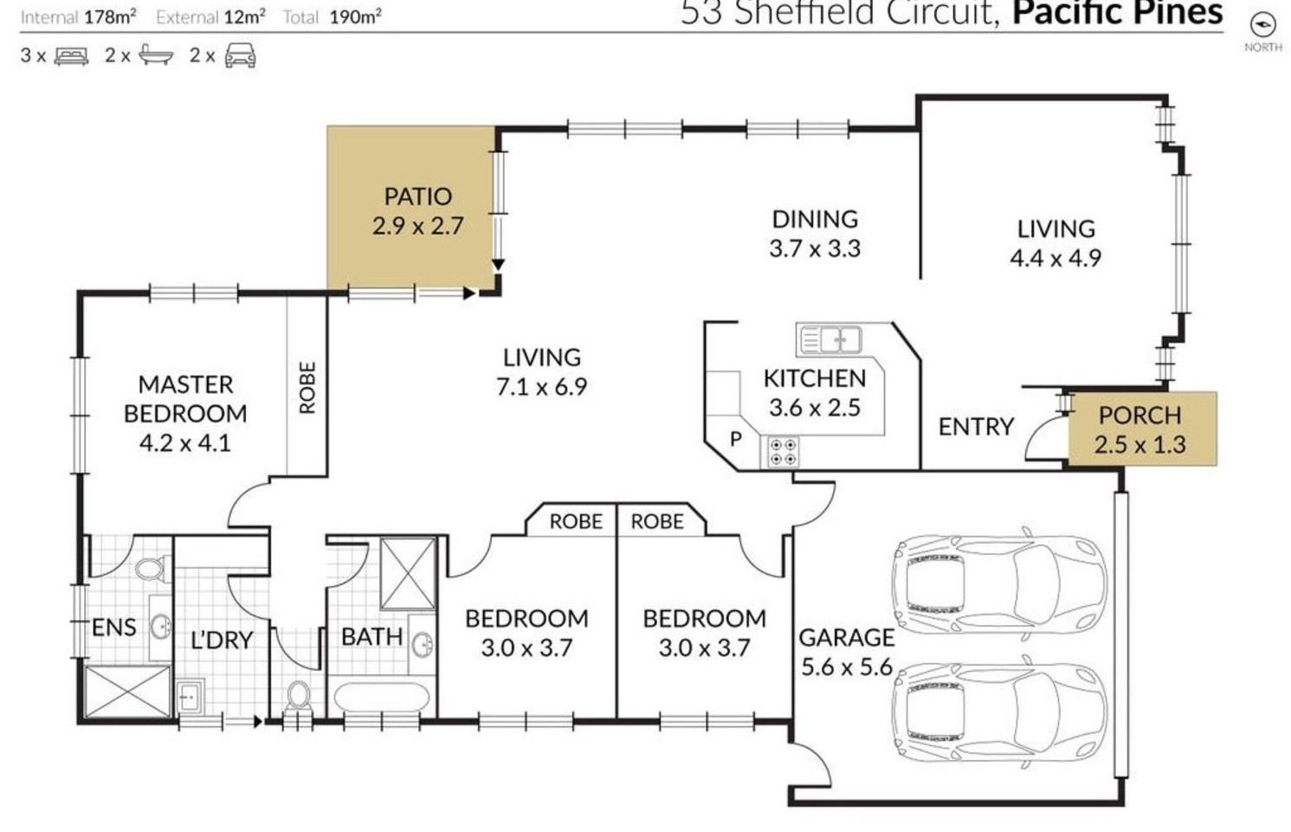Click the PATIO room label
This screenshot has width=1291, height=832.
tap(418, 197)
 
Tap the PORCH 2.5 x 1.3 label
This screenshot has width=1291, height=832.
tap(1140, 429)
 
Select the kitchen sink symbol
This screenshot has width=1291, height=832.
tap(829, 339)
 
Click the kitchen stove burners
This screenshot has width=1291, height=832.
tap(784, 452)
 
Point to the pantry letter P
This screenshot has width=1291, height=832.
tap(735, 439)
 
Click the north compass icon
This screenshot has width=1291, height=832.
tap(1262, 25)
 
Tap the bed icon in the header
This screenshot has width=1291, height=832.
tap(72, 56)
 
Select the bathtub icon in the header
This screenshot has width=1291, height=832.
tap(156, 55)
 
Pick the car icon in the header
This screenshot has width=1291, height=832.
tap(240, 56)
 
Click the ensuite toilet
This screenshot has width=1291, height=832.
tap(152, 569)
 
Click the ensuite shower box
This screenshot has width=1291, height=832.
tap(128, 692)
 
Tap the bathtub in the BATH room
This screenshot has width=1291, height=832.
tap(382, 699)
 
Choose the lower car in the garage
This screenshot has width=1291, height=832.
tap(999, 713)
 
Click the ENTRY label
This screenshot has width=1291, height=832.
tap(976, 427)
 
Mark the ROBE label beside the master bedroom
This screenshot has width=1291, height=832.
tap(307, 388)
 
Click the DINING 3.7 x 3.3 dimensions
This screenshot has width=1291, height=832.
tap(815, 249)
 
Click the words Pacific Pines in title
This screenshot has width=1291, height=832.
tap(1118, 13)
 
